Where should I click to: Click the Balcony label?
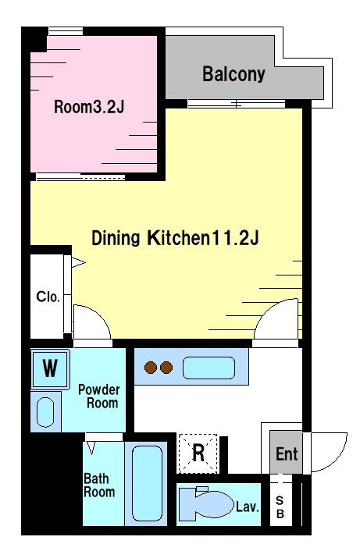point(233,74)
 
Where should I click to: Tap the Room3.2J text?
point(89,107)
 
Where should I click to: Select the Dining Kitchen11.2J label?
point(175,238)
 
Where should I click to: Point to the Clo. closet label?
point(48,297)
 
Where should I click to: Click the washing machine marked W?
point(50,368)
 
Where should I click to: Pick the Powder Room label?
point(99,396)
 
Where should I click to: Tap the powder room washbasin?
point(45,412)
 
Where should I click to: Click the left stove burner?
point(151,368)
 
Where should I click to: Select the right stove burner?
point(166,368)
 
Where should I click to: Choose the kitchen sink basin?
point(209,368)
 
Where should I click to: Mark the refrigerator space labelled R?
point(198,453)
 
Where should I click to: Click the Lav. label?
point(248,507)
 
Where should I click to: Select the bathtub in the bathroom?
point(148,483)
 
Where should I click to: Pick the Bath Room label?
point(99,485)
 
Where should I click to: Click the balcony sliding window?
point(237,104)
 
